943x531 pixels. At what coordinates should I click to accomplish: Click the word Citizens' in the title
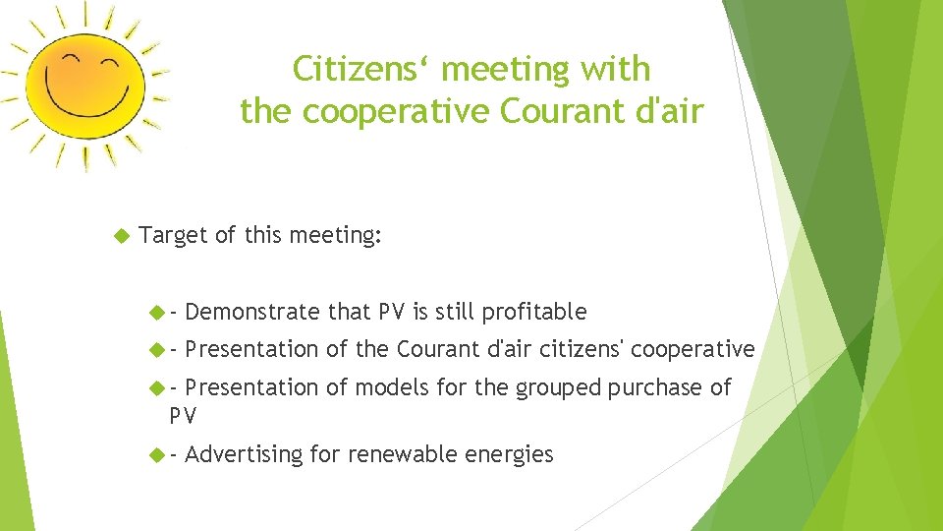coord(363,70)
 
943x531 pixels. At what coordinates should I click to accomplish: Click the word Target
coord(174,236)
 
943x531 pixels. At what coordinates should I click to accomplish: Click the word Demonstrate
coord(251,313)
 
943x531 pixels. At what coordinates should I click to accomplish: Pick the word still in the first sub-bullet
coord(453,313)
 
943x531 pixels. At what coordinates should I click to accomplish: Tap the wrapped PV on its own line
coord(183,416)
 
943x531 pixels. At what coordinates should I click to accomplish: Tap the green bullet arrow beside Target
coord(122,236)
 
